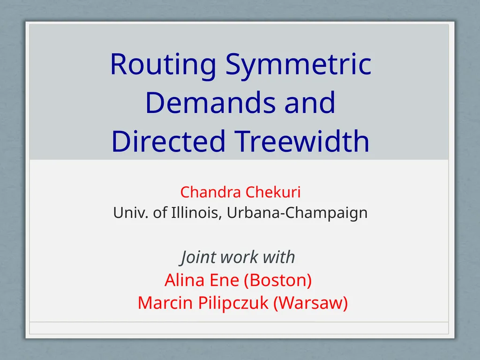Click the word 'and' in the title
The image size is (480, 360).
(310, 103)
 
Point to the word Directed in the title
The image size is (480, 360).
(168, 141)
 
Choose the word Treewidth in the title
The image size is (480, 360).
(302, 141)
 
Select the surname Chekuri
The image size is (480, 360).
(273, 192)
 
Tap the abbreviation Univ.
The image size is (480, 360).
(131, 212)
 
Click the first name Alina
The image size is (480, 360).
(185, 280)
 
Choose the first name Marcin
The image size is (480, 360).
(165, 302)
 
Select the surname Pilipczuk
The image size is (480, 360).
(233, 303)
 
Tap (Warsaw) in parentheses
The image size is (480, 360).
(310, 303)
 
